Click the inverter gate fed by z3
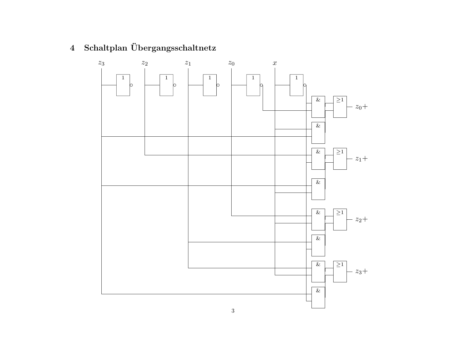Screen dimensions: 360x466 point(123,85)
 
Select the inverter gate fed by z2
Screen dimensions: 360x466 point(166,85)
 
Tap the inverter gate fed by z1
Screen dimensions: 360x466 point(210,85)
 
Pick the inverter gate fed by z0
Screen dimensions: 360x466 point(253,85)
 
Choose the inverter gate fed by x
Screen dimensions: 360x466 point(297,85)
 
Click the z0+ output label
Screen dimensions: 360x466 point(362,107)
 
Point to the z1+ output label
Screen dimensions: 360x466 point(362,159)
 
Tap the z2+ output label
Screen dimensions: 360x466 point(362,220)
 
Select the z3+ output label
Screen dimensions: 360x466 point(362,272)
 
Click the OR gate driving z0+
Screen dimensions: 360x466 point(340,107)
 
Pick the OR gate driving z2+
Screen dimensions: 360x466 point(340,219)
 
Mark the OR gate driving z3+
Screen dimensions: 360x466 point(340,271)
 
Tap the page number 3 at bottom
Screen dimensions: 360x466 point(233,311)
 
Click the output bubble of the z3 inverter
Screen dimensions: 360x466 point(131,85)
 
